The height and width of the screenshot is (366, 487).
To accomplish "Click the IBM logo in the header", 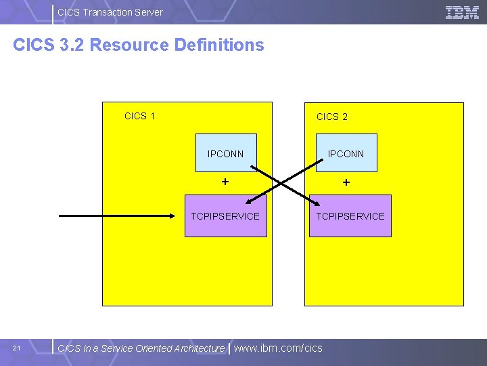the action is click(463, 12).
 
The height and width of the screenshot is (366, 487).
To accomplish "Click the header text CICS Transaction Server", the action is click(110, 12).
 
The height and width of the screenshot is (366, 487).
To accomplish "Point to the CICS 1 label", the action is click(140, 116).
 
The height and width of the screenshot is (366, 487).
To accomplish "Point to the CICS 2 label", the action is click(332, 117).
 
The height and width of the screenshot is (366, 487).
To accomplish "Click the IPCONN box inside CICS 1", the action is click(226, 154).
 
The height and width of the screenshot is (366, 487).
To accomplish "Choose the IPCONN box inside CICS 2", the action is click(346, 154).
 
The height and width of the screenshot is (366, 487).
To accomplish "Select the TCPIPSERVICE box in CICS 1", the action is click(226, 216).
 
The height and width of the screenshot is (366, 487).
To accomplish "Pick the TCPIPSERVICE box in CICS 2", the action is click(350, 216).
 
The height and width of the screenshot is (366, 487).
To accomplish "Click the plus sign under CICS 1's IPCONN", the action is click(225, 182).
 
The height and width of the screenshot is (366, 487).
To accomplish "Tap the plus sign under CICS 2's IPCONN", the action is click(346, 182).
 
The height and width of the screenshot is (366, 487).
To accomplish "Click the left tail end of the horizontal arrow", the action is click(61, 216).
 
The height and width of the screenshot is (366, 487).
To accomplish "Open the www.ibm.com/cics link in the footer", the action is click(278, 348).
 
